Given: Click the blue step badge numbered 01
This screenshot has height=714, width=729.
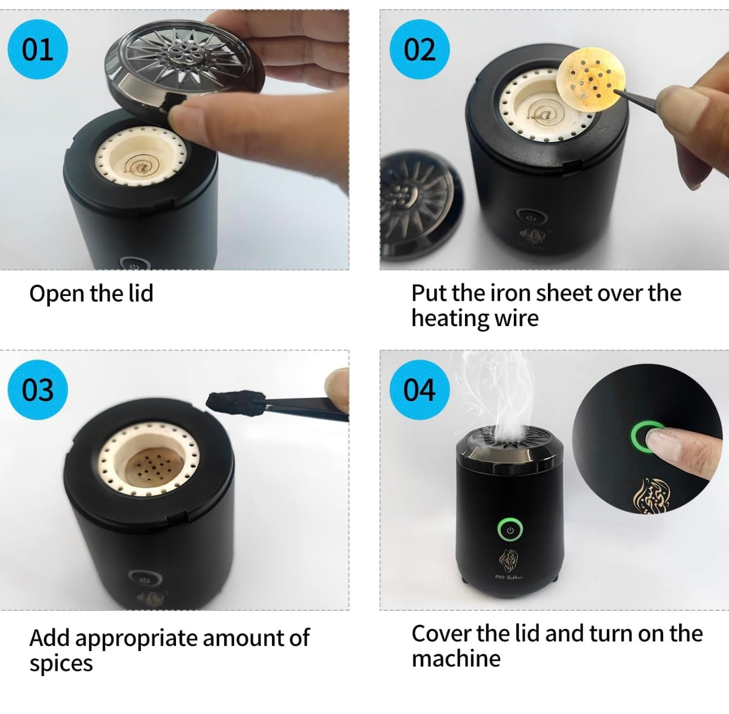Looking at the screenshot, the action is click(37, 49).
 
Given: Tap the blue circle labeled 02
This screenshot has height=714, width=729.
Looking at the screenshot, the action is click(420, 49).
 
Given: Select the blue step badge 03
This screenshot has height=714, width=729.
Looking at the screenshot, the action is click(37, 390).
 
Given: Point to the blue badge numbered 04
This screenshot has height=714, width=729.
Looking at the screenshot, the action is click(420, 390).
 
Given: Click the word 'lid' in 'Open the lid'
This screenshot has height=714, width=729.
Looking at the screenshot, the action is click(141, 293).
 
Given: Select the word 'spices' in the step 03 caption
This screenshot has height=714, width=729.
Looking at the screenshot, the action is click(61, 664).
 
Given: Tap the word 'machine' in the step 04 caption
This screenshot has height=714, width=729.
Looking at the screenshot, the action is click(456, 659).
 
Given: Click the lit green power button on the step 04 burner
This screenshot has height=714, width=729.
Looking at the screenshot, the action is click(510, 530).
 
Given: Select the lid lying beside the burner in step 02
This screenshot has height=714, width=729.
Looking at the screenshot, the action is click(420, 205).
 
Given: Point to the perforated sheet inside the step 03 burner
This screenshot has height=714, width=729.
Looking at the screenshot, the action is click(154, 470).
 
